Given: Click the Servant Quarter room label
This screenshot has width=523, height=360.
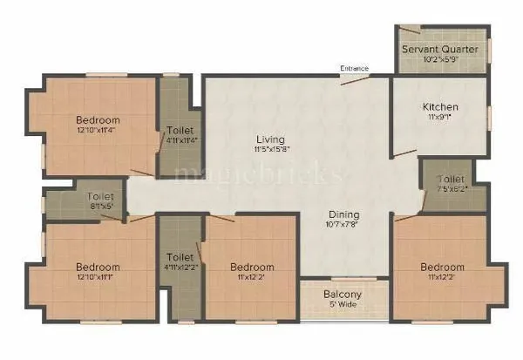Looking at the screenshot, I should [x=439, y=49].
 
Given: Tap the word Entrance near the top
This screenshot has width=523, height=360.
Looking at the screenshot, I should [x=354, y=68].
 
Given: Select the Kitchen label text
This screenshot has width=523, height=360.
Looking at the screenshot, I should [x=440, y=107].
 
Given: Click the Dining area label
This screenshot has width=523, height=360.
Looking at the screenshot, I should [x=344, y=214].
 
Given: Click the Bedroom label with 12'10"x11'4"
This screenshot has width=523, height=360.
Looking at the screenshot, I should [x=98, y=120].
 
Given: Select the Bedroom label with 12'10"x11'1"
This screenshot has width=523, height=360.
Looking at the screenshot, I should [x=97, y=267].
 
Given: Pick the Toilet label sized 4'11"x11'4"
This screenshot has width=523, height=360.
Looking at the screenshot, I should [x=180, y=131].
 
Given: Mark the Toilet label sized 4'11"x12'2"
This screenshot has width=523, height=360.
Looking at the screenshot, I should [x=180, y=257].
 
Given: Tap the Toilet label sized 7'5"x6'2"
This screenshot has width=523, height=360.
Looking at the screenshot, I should [x=451, y=180].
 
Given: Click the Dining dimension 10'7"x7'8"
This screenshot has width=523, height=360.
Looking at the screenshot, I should [x=344, y=226].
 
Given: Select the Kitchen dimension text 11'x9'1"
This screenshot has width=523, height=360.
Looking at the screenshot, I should [x=440, y=119].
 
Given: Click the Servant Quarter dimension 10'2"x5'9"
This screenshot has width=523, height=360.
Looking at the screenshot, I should [x=439, y=60].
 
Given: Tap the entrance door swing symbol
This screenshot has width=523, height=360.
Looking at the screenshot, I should [x=350, y=79].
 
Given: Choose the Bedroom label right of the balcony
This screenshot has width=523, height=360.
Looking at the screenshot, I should [x=443, y=267].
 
